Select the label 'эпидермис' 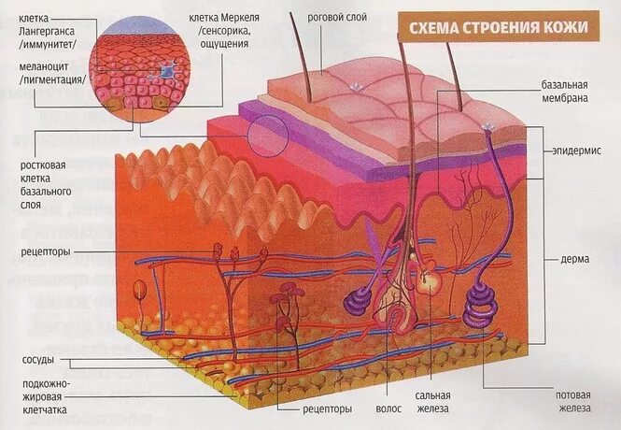(578, 150)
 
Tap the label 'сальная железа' (433, 401)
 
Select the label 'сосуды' (38, 360)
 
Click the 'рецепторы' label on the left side (48, 251)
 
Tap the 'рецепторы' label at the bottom (326, 408)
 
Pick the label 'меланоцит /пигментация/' (51, 73)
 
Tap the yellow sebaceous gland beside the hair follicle (428, 279)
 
